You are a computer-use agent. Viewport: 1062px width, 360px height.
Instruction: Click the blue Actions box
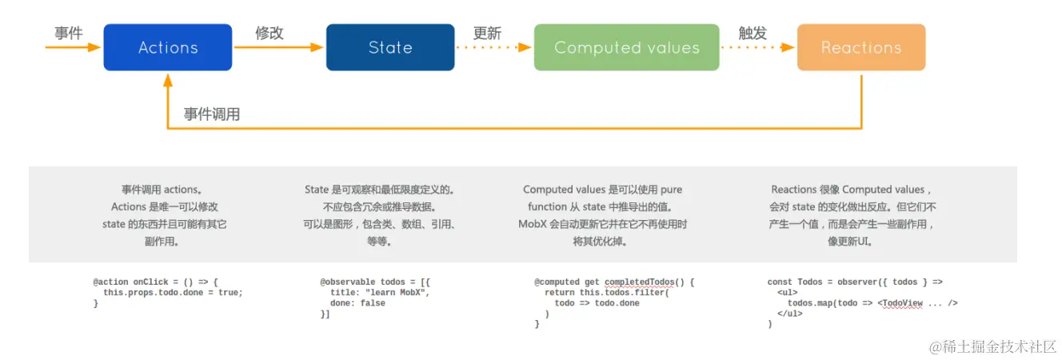click(x=168, y=47)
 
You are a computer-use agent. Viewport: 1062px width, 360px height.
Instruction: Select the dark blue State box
click(x=390, y=47)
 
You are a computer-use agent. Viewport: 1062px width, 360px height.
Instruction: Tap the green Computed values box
click(x=626, y=47)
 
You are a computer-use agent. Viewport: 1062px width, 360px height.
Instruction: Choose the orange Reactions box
click(x=861, y=47)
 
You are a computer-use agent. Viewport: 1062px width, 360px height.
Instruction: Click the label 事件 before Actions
click(x=69, y=33)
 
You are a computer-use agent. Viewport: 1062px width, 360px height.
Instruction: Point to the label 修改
click(x=269, y=33)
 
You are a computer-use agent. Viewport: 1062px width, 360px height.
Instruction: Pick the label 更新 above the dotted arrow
click(x=487, y=33)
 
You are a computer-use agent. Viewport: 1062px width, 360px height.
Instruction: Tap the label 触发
click(x=753, y=33)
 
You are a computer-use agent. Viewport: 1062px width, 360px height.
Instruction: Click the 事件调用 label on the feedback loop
click(x=212, y=114)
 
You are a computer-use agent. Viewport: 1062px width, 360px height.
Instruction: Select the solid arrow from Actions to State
click(x=279, y=47)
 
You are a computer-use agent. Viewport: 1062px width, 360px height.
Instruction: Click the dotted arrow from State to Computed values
click(x=493, y=47)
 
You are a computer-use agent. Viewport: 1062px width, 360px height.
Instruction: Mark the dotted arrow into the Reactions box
click(x=757, y=47)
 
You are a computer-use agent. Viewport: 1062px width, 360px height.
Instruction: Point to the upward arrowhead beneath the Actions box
click(x=168, y=80)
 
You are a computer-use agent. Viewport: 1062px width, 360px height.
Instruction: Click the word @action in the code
click(x=110, y=282)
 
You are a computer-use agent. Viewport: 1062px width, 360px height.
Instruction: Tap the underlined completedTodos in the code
click(x=639, y=282)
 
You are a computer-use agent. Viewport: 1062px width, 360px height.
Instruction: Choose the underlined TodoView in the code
click(x=903, y=303)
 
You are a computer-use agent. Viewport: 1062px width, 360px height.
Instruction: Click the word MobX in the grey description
click(x=533, y=224)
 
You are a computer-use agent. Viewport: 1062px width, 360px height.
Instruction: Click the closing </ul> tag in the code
click(x=789, y=314)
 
